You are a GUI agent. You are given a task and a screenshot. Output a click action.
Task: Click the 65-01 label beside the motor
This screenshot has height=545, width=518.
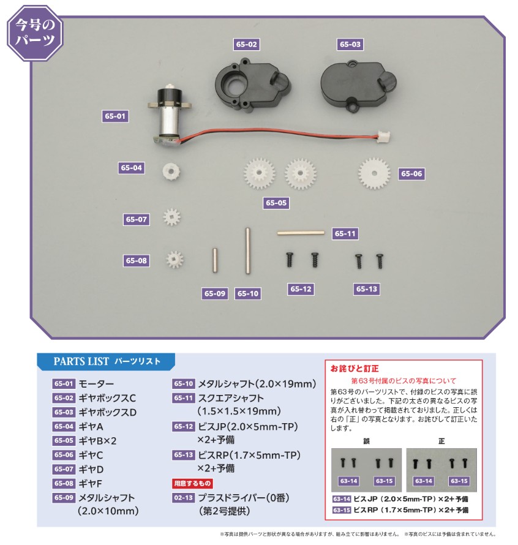[114, 116]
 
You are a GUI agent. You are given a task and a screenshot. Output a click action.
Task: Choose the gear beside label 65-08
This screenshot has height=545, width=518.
[175, 260]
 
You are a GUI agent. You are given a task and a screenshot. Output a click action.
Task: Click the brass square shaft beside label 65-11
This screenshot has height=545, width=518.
[300, 233]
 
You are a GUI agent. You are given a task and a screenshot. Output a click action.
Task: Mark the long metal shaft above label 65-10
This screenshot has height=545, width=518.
[248, 252]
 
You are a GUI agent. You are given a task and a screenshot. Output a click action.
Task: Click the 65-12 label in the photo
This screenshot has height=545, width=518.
[301, 289]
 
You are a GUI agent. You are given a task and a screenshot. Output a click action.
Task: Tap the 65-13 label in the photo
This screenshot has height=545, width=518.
[367, 289]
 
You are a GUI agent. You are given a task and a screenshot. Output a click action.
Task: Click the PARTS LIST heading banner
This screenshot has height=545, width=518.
[105, 361]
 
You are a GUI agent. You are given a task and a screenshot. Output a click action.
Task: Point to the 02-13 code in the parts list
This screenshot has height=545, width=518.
[183, 497]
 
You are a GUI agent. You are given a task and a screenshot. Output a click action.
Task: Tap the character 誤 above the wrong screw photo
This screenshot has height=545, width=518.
[366, 440]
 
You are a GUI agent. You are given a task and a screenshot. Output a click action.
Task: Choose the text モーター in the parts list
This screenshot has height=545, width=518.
[97, 385]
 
